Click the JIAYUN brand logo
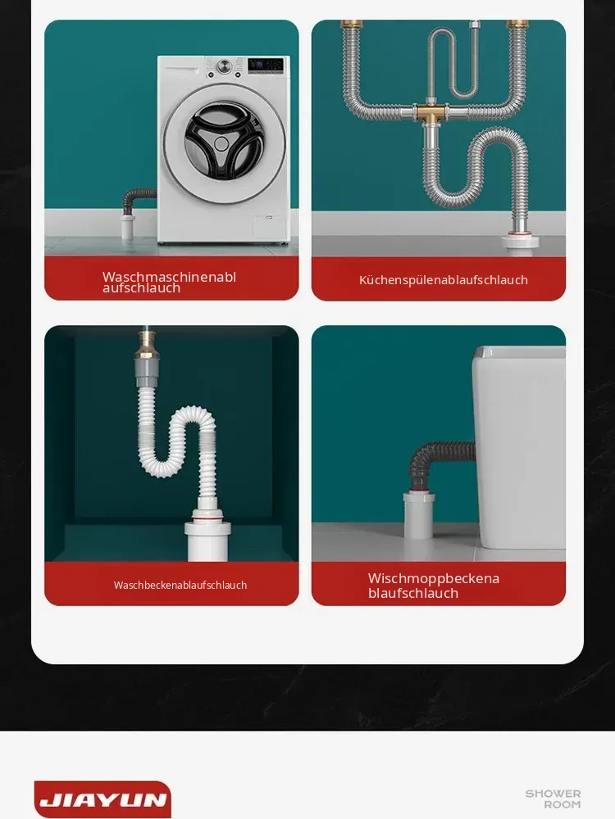pos(102,799)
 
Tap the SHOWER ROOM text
pos(553,799)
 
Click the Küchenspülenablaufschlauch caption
pos(444,280)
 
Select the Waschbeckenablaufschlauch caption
pos(180,585)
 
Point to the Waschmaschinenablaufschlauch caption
pos(170,282)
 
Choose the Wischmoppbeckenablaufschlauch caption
pos(434,586)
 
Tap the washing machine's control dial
pos(225,66)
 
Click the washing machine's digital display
pos(265,65)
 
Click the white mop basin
pos(519,447)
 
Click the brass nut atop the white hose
pos(147,342)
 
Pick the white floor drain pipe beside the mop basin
pos(419,515)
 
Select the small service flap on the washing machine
pos(268,228)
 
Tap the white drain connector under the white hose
pos(207,536)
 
